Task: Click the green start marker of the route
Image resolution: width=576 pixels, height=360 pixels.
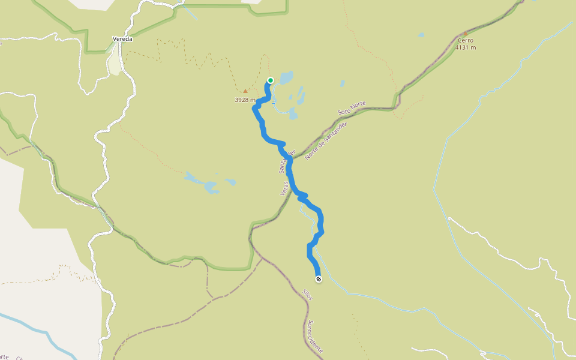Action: click(271, 80)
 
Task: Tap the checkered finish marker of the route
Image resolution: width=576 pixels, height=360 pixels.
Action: click(318, 278)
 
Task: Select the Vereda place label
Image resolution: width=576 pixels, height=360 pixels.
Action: click(122, 39)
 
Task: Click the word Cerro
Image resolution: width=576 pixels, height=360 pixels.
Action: click(464, 40)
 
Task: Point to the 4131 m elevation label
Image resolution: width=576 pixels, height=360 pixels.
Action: click(465, 47)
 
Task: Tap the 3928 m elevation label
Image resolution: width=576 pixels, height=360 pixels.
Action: click(245, 100)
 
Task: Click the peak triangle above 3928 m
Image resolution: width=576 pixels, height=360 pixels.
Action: click(245, 91)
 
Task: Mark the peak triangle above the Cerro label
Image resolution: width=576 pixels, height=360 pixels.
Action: click(465, 34)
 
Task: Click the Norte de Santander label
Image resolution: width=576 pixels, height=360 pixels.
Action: click(326, 140)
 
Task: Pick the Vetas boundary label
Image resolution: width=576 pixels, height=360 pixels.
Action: click(284, 188)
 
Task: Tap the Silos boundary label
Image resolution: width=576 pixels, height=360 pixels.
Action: click(307, 295)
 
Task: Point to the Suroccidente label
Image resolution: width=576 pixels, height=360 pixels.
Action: click(316, 336)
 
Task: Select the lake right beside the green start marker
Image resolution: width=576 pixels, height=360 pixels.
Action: click(286, 78)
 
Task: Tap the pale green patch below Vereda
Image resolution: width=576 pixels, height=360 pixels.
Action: click(115, 62)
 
